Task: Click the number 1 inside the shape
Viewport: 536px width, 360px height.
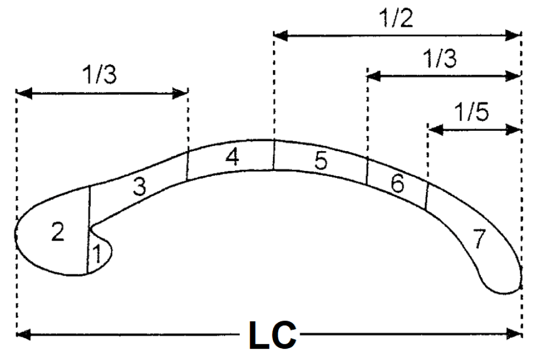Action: point(98,254)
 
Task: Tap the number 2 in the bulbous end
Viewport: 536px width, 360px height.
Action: point(58,231)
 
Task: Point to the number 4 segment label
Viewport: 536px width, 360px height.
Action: point(233,157)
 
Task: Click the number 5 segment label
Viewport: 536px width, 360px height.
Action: point(321,160)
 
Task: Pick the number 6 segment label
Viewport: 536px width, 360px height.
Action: point(398,184)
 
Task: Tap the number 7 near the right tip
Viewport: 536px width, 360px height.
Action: point(479,238)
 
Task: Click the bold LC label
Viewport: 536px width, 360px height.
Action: point(273,335)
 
